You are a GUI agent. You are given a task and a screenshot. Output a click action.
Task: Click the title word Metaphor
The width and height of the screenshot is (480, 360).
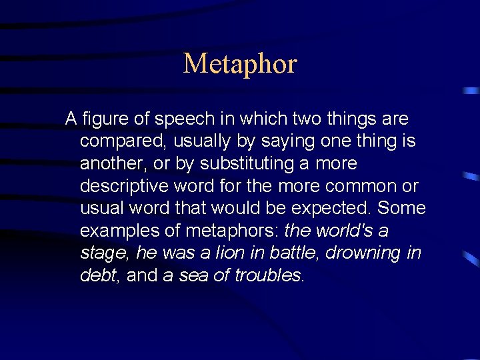tap(240, 64)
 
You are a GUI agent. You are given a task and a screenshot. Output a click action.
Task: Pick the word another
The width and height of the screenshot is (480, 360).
tap(109, 164)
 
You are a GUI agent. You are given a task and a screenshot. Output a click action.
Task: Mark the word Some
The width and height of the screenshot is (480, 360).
tap(401, 209)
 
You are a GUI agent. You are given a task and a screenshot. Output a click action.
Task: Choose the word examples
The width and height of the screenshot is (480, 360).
tap(115, 231)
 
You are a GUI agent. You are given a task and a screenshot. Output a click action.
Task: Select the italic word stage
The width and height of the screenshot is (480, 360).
tap(105, 253)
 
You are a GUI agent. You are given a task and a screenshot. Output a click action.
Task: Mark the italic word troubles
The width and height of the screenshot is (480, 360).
tap(268, 275)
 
